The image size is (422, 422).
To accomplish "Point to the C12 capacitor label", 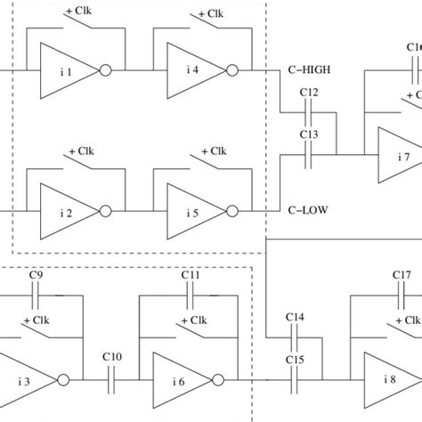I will point(309,93).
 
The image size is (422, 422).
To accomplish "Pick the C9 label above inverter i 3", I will point(37,276).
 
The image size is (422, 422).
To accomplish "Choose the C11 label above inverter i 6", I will point(190,276).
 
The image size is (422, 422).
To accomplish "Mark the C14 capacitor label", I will point(296,318).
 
